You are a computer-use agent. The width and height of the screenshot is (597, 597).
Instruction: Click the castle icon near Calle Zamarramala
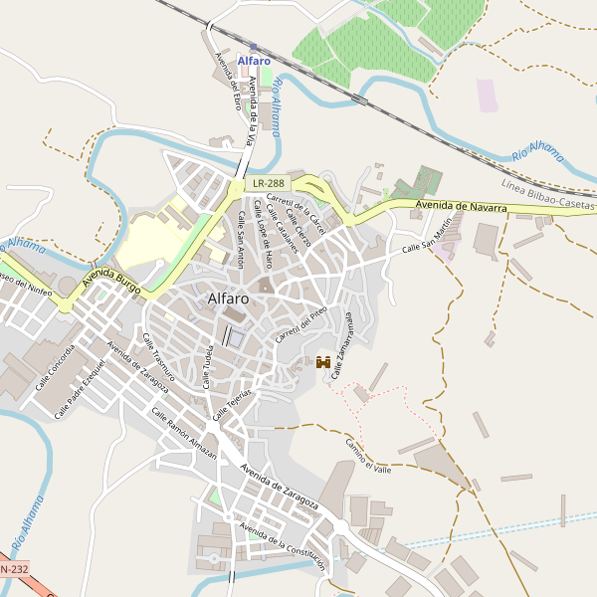[x=323, y=363]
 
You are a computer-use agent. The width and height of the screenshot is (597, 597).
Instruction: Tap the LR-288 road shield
[x=268, y=183]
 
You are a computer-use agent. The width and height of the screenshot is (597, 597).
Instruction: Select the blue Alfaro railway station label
[x=254, y=61]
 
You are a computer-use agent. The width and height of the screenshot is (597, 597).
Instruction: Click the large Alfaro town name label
[x=228, y=298]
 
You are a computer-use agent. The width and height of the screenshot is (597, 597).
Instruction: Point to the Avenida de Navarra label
[x=461, y=205]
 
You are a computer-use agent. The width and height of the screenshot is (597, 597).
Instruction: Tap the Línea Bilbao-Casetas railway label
[x=548, y=196]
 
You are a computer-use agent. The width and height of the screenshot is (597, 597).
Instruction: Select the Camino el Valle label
[x=368, y=454]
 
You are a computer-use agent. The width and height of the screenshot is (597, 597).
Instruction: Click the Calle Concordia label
[x=55, y=366]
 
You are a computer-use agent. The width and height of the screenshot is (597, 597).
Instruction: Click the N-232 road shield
[x=13, y=568]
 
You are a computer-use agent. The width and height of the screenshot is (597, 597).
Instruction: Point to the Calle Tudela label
[x=209, y=367]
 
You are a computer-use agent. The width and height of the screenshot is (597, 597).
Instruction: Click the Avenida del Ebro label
[x=228, y=81]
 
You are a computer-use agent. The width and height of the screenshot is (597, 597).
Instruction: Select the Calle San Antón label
[x=239, y=240]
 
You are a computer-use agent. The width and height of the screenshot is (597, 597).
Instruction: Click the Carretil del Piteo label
[x=301, y=324]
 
